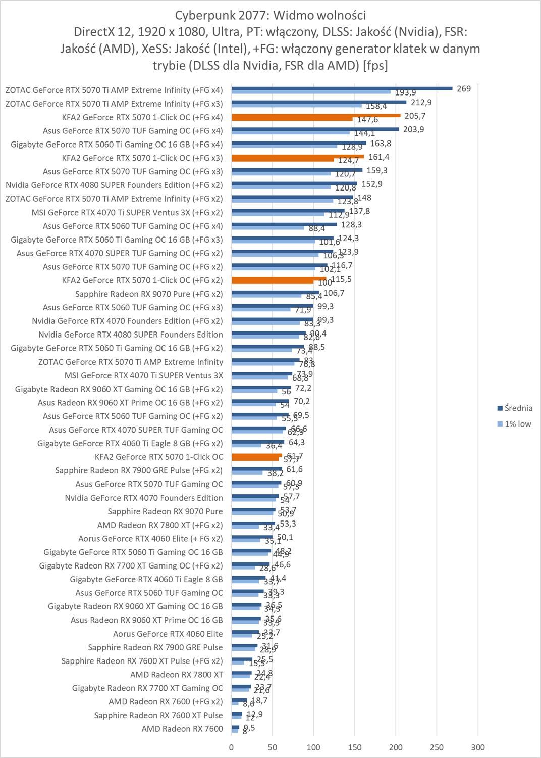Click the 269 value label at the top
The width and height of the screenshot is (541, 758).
pyautogui.click(x=464, y=89)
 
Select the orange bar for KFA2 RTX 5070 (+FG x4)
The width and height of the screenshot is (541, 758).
pyautogui.click(x=316, y=116)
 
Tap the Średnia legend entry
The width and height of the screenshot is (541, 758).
pyautogui.click(x=518, y=408)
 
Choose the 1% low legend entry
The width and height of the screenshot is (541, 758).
pyautogui.click(x=518, y=424)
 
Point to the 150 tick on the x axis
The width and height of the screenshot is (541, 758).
pyautogui.click(x=354, y=747)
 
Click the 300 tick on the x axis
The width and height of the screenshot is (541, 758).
pyautogui.click(x=477, y=747)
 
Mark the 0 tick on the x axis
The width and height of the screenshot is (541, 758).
pyautogui.click(x=232, y=747)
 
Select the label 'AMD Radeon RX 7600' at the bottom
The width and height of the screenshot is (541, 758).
pyautogui.click(x=182, y=729)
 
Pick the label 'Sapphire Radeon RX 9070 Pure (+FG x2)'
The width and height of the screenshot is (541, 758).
pyautogui.click(x=149, y=294)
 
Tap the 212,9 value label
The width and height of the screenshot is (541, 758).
pyautogui.click(x=421, y=102)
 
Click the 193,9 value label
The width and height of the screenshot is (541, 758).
pyautogui.click(x=405, y=93)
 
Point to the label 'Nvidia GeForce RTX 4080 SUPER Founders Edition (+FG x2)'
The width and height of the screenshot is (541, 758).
pyautogui.click(x=114, y=185)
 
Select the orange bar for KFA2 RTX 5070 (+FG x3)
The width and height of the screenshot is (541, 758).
pyautogui.click(x=298, y=157)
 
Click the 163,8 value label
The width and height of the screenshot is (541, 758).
pyautogui.click(x=381, y=144)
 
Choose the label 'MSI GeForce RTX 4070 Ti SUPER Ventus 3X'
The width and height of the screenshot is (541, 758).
pyautogui.click(x=144, y=375)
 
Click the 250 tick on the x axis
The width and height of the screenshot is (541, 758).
pyautogui.click(x=437, y=747)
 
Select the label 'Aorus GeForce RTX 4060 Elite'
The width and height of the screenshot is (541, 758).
pyautogui.click(x=168, y=634)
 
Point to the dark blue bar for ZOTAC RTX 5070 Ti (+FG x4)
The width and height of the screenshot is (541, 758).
pyautogui.click(x=342, y=88)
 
